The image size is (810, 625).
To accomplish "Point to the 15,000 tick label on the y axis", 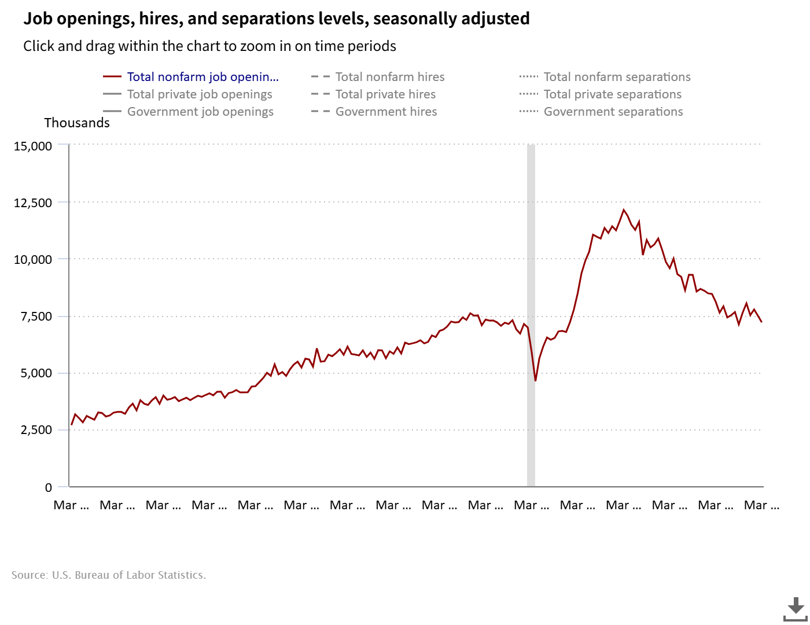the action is (x=33, y=146).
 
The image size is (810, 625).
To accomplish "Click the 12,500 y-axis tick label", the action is (x=33, y=203).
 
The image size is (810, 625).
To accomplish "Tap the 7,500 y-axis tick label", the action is (x=36, y=317).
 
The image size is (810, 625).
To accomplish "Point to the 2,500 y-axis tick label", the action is (x=36, y=430).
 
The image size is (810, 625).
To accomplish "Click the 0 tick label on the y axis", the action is (x=49, y=487).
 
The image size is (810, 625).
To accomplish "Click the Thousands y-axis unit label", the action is (x=77, y=123).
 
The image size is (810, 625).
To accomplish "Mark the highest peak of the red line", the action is (x=623, y=210).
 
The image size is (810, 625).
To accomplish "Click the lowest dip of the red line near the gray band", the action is (x=535, y=381).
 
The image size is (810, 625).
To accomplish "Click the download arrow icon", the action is (x=796, y=609).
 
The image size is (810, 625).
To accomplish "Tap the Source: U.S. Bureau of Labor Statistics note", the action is (x=108, y=575).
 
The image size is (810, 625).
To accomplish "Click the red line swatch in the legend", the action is (x=112, y=77).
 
